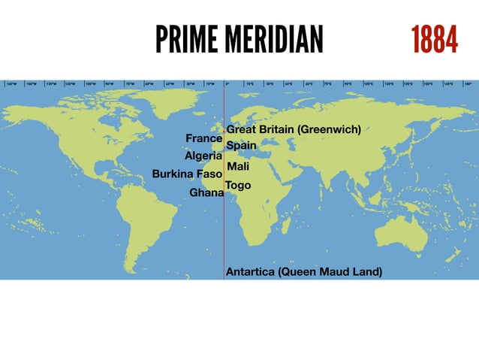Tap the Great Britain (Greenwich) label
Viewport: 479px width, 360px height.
pos(294,130)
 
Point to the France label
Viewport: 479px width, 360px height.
pos(203,139)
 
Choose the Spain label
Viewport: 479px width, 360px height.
pos(241,145)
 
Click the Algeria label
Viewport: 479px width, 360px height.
pos(203,156)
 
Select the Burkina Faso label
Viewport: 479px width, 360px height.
pos(187,174)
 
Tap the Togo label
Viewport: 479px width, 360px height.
pos(238,185)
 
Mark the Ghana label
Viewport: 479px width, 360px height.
pos(206,193)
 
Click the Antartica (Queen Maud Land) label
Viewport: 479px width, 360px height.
pos(303,271)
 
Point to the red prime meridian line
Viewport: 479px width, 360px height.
pos(224,225)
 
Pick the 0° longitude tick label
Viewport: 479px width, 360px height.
pos(226,83)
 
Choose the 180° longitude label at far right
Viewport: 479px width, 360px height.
pos(468,83)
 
